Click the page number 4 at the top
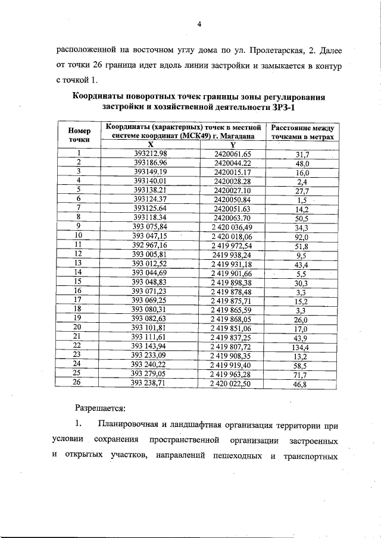pos(199,24)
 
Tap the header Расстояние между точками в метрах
pos(302,132)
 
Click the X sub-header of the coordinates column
pos(151,144)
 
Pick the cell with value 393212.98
pos(151,154)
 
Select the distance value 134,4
pos(302,345)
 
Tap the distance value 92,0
pos(302,236)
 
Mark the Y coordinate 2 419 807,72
pos(232,345)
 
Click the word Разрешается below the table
pos(100,408)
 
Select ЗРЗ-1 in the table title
pos(280,107)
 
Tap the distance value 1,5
pos(302,200)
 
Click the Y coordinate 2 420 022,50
pos(232,385)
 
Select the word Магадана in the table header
pos(238,136)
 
